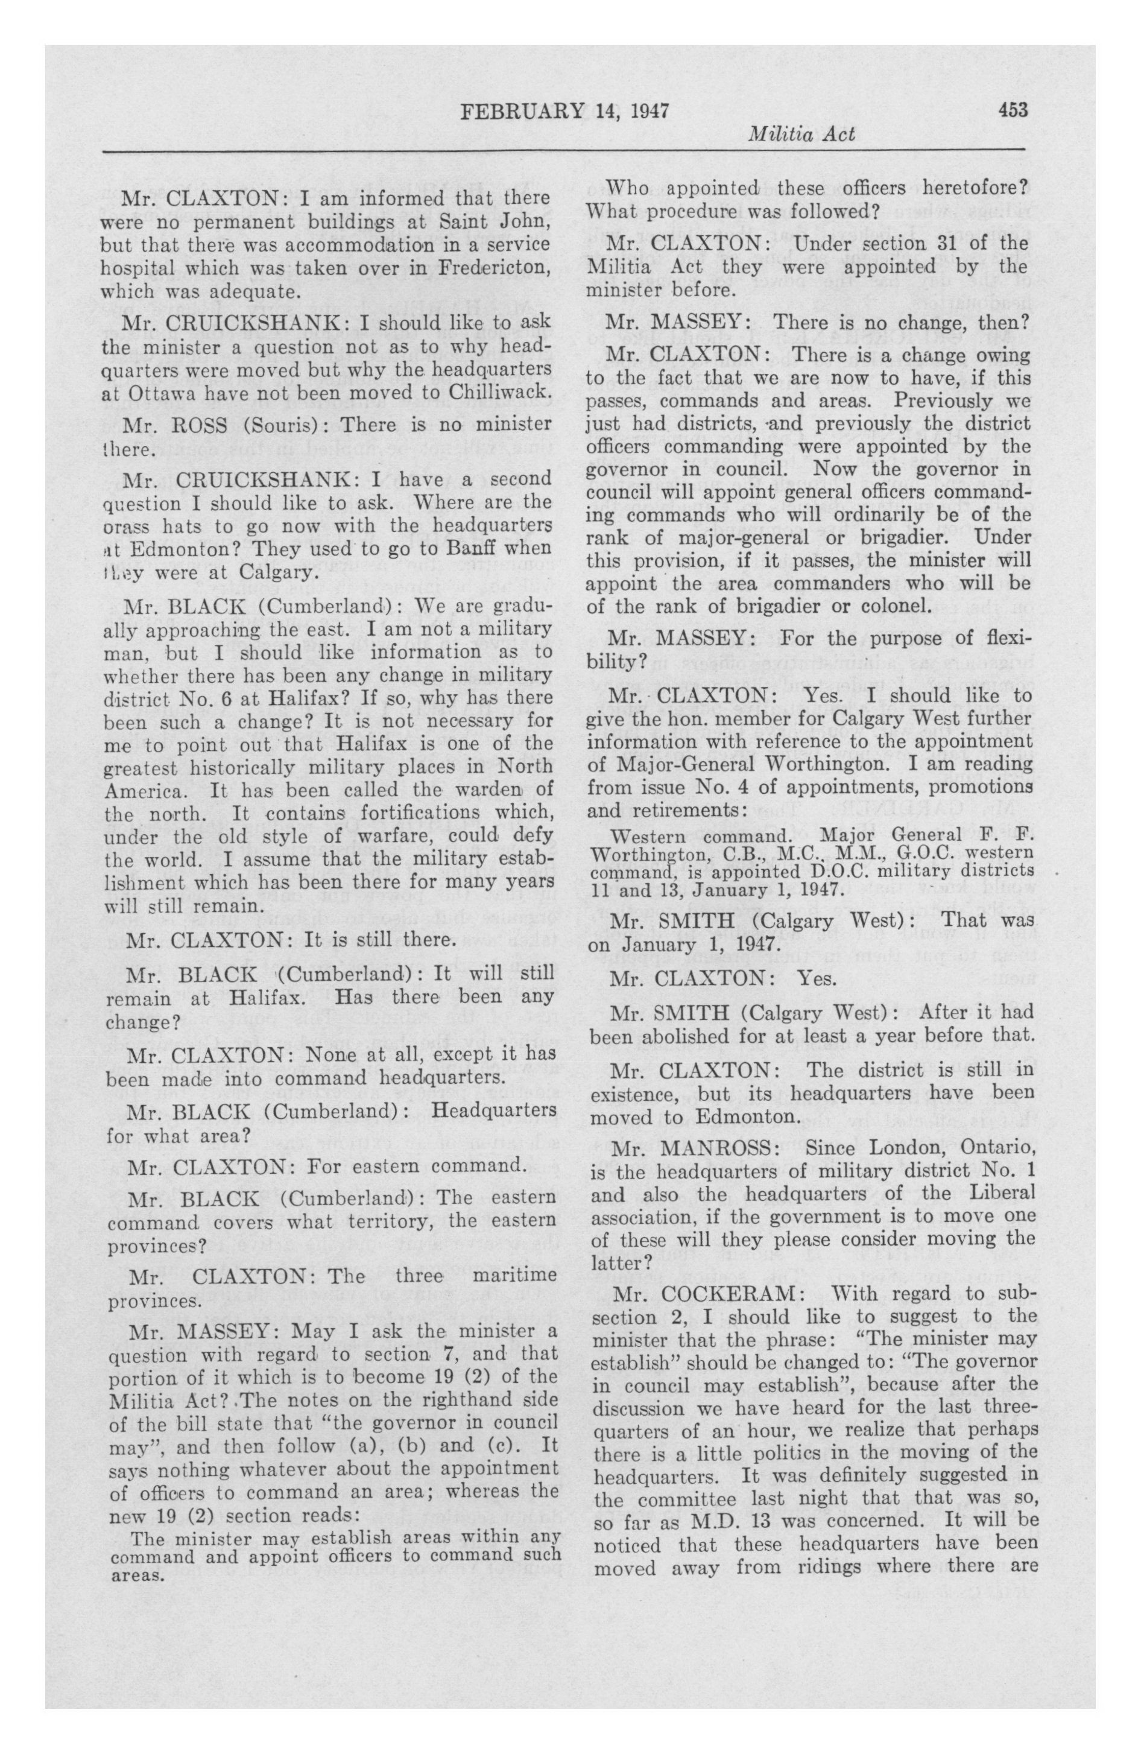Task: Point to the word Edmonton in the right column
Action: [744, 1116]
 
